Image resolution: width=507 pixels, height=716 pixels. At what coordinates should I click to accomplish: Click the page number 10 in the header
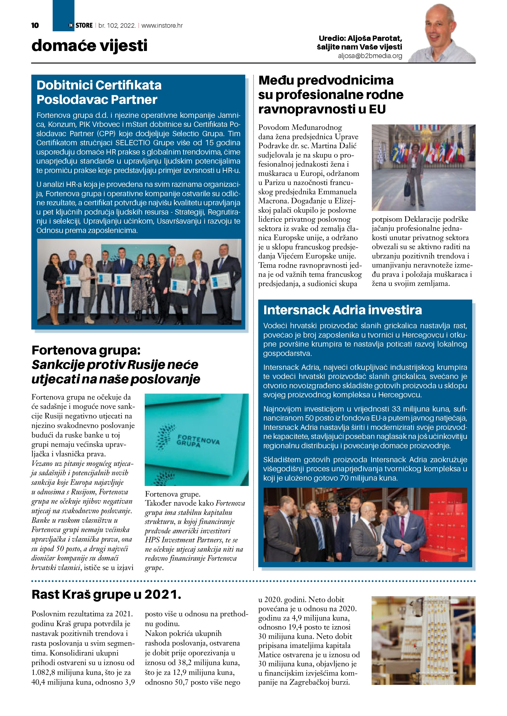pos(35,25)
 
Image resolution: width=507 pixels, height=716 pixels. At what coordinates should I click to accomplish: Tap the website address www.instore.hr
pos(162,25)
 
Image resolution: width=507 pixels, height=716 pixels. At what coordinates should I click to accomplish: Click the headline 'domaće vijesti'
pos(89,45)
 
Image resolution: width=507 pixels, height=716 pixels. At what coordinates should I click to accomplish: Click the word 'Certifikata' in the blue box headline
pos(129,85)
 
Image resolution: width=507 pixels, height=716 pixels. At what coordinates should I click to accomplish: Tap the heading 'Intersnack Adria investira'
pos(342,310)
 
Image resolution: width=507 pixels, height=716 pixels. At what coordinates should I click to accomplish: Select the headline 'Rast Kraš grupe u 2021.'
pos(106,594)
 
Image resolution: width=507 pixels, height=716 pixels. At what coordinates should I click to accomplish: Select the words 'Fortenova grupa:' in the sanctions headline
pos(86,350)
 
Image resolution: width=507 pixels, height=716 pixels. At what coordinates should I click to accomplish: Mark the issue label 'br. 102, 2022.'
pos(117,25)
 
